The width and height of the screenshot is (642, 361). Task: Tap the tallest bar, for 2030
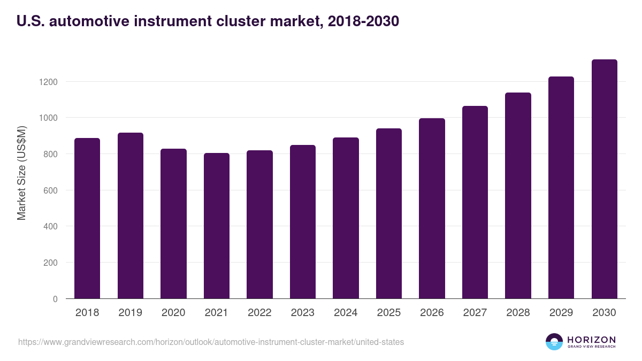click(604, 179)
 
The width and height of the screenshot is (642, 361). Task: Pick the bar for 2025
click(388, 213)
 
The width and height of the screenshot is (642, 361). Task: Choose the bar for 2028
click(518, 196)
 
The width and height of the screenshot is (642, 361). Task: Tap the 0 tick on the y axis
click(55, 299)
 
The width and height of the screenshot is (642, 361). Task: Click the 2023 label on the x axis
click(302, 313)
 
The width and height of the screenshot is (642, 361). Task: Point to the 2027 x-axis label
click(475, 313)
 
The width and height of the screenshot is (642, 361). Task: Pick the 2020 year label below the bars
click(173, 313)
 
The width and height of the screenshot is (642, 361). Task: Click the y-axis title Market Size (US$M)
click(21, 172)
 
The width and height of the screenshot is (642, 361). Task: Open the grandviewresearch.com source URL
click(211, 342)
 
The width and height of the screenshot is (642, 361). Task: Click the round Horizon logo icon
click(554, 342)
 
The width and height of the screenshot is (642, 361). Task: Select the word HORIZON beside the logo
click(591, 339)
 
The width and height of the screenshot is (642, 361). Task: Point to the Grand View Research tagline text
click(591, 347)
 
